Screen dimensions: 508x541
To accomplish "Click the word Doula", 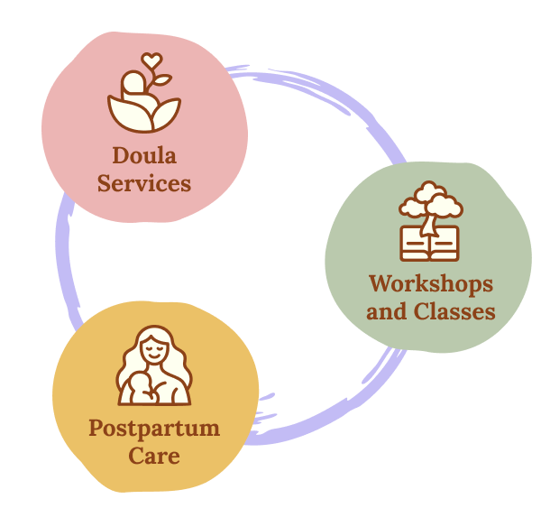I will pos(144,156).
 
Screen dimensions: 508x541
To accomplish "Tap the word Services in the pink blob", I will pos(144,183).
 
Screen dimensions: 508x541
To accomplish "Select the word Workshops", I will pos(431,284).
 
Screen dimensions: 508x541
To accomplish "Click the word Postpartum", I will pos(154,428).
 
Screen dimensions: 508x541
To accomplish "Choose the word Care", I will pos(154,455).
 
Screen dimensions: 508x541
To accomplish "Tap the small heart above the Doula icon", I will pos(152,61).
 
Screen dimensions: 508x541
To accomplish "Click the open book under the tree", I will pos(430,243).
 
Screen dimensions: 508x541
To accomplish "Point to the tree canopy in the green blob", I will pos(430,199).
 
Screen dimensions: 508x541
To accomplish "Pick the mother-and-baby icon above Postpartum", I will pos(153,366).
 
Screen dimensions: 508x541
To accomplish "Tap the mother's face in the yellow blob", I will pos(154,347).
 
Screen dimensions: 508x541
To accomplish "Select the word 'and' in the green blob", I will pos(388,312).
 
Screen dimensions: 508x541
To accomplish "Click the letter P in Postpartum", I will pos(96,427).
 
